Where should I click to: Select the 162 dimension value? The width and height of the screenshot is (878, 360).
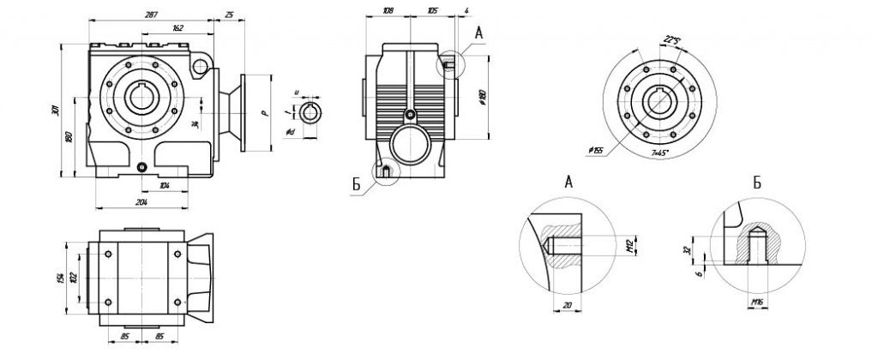click(154, 28)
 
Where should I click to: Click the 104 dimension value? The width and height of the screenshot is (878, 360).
click(165, 185)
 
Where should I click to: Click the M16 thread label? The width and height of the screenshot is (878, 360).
click(757, 301)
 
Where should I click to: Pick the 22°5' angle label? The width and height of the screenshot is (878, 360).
click(673, 39)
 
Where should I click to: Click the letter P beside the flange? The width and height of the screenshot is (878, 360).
click(266, 111)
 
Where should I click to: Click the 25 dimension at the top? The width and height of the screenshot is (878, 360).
click(230, 15)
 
